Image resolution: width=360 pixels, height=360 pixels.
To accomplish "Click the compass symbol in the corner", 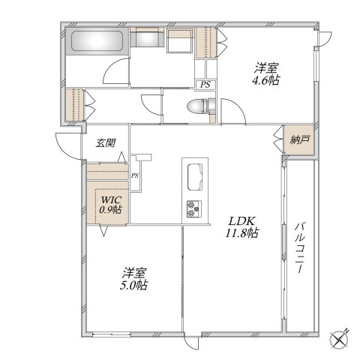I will pyautogui.click(x=341, y=337).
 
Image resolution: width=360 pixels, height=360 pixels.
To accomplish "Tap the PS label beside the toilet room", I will pyautogui.click(x=204, y=85).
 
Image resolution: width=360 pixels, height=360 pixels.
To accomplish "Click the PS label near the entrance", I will pyautogui.click(x=134, y=175).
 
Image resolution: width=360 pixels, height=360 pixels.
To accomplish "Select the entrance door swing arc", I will pyautogui.click(x=66, y=145).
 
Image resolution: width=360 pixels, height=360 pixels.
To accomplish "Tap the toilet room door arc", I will pyautogui.click(x=153, y=104).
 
